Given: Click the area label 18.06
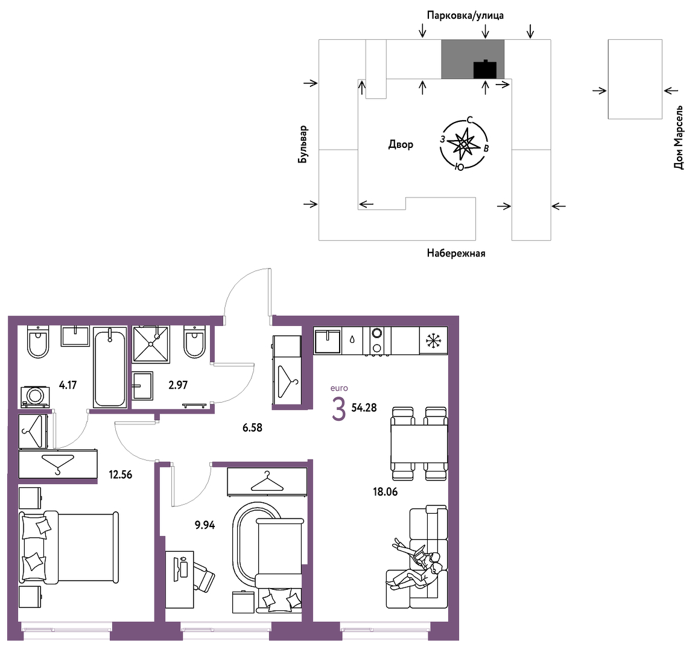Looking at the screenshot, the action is tap(385, 491).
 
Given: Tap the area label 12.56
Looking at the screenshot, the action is tap(121, 475).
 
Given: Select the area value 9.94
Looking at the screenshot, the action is tap(205, 525).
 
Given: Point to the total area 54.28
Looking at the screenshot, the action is tap(364, 407).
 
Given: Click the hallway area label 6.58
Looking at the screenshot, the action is tap(252, 427).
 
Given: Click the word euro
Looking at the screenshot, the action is tap(339, 388).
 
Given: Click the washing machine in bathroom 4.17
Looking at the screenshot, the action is tap(35, 396).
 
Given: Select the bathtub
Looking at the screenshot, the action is tap(109, 368).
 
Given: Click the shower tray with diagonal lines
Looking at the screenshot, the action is tap(151, 344).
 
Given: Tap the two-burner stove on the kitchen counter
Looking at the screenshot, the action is tap(376, 340).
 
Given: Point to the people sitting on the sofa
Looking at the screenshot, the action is tap(417, 563).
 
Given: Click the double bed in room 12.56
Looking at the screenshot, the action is tap(69, 548).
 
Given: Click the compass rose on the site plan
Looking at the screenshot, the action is tap(463, 144).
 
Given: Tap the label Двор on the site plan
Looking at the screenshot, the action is tap(401, 144).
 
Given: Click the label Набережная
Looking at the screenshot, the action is tap(456, 254).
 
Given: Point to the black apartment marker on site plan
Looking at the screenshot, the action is tap(485, 69).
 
